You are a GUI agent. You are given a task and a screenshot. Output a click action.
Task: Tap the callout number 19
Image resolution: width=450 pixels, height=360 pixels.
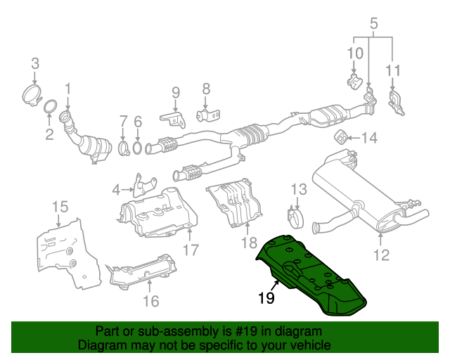264,298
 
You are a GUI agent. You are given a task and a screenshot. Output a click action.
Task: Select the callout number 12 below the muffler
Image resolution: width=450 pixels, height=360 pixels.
380,255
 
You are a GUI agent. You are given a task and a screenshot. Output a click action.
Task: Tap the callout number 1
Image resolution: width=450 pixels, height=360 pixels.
68,89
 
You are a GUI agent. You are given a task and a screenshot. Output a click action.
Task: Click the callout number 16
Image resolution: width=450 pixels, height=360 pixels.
150,302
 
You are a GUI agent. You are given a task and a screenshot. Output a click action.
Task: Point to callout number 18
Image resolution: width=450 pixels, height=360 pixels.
249,243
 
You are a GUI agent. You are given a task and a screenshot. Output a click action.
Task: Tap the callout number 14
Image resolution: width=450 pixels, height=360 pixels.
369,138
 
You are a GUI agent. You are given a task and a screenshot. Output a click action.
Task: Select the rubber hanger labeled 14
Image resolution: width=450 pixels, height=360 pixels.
342,136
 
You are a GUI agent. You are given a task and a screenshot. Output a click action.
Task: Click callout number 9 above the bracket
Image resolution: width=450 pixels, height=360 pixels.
175,92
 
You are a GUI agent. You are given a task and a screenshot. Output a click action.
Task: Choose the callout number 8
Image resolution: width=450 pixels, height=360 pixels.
205,89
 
